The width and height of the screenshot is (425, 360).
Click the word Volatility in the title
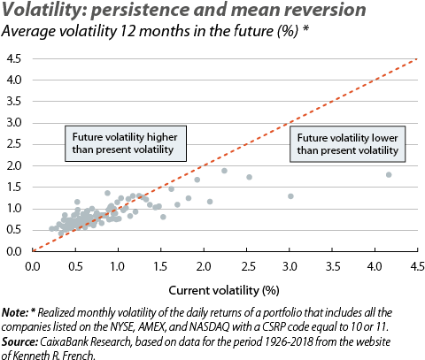40,11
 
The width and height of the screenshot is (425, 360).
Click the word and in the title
195,11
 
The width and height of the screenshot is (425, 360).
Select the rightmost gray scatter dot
389,174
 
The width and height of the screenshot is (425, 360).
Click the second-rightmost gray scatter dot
290,195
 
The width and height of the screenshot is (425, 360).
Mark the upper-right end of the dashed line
415,59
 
